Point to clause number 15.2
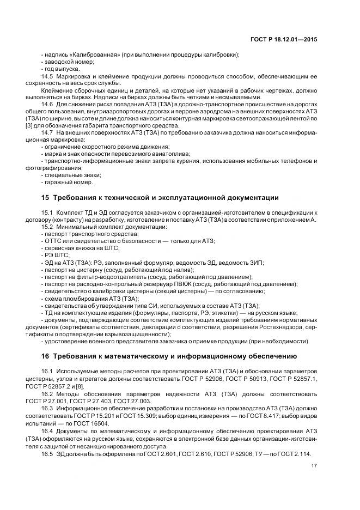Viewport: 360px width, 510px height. (x=47, y=226)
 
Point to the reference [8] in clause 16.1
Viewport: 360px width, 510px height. (x=81, y=385)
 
